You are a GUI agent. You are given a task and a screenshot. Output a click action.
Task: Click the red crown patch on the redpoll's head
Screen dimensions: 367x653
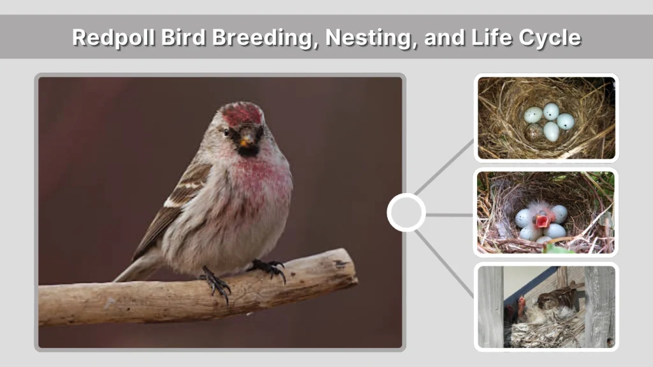point(242,114)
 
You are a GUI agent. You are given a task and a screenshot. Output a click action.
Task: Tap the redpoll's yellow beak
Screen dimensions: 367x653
point(244,141)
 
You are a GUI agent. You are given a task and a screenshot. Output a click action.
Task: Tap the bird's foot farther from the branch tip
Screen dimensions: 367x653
point(216,284)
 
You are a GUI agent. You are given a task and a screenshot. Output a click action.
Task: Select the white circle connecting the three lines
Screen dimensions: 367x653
point(406,212)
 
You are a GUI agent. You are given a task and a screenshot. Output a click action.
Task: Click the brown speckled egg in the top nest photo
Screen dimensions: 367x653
point(533,133)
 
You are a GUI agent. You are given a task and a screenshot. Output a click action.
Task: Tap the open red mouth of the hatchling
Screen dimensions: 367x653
point(543,221)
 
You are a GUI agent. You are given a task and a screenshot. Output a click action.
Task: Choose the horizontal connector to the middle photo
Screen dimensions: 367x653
point(449,215)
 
